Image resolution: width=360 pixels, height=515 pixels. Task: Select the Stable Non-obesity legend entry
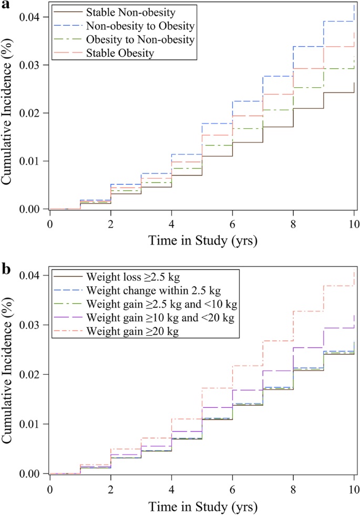[132, 11]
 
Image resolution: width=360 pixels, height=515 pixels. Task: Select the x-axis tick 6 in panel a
[232, 221]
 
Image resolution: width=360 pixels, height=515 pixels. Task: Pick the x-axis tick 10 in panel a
[354, 221]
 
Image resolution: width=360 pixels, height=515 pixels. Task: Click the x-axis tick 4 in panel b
[171, 486]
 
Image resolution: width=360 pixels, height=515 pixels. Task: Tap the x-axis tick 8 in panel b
[293, 486]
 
